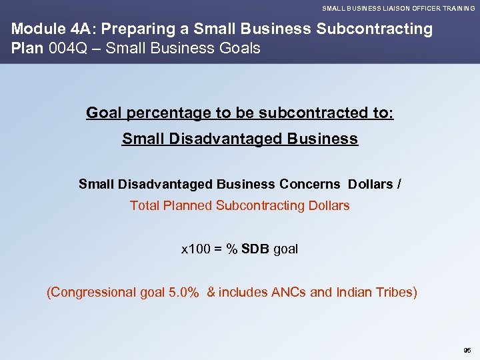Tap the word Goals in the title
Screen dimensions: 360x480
click(x=239, y=49)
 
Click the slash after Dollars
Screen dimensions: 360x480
click(x=399, y=184)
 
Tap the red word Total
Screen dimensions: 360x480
click(x=144, y=205)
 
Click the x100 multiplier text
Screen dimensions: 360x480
click(x=194, y=249)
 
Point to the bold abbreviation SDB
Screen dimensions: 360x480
click(x=256, y=249)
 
